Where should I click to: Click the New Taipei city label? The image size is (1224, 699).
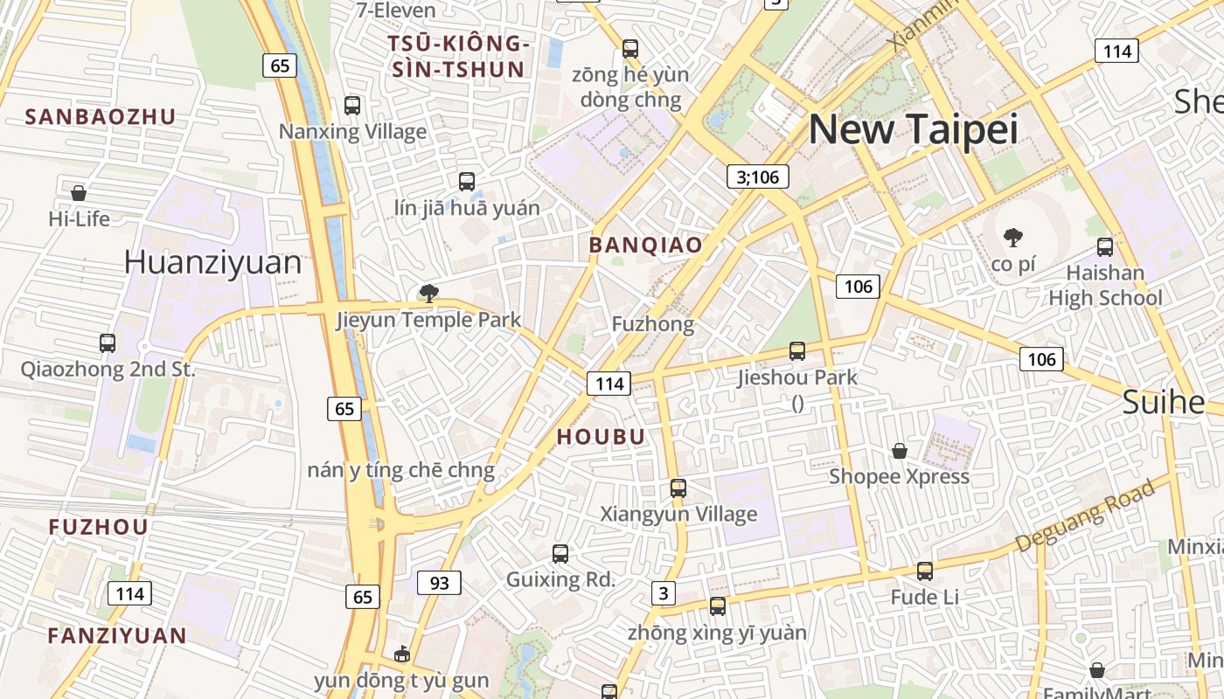pyautogui.click(x=913, y=129)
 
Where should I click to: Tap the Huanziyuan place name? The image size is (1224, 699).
pyautogui.click(x=212, y=261)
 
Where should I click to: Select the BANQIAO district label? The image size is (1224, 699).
pyautogui.click(x=645, y=246)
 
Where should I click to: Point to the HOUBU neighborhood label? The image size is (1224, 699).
pyautogui.click(x=601, y=437)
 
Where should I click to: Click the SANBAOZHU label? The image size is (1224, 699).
pyautogui.click(x=101, y=117)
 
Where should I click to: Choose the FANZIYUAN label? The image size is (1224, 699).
pyautogui.click(x=117, y=635)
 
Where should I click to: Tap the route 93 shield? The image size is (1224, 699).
pyautogui.click(x=439, y=582)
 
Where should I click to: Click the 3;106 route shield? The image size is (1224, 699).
pyautogui.click(x=757, y=177)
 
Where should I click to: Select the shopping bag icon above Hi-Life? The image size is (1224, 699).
pyautogui.click(x=79, y=192)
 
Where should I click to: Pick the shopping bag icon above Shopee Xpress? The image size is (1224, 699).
pyautogui.click(x=899, y=451)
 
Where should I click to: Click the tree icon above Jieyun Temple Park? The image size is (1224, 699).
pyautogui.click(x=428, y=294)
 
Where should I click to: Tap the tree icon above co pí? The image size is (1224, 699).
pyautogui.click(x=1013, y=237)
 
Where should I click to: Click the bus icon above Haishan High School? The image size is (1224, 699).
pyautogui.click(x=1105, y=247)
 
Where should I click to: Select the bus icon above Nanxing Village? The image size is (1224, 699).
pyautogui.click(x=352, y=106)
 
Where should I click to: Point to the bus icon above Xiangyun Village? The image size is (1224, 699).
pyautogui.click(x=678, y=488)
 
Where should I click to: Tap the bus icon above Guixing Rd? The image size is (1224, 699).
pyautogui.click(x=560, y=554)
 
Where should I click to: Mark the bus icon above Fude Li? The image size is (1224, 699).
pyautogui.click(x=925, y=571)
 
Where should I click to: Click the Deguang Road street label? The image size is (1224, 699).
pyautogui.click(x=1085, y=517)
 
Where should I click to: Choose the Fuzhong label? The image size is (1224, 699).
pyautogui.click(x=652, y=324)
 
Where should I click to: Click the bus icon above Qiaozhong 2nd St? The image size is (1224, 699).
pyautogui.click(x=108, y=343)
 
